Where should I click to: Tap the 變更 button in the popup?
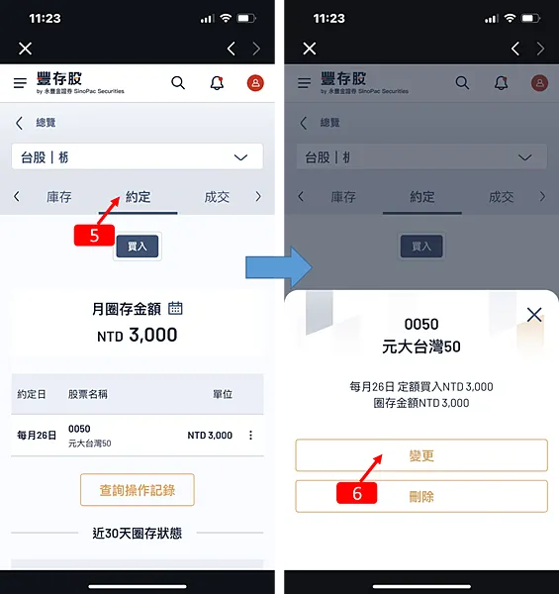[421, 455]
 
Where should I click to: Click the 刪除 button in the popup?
[421, 496]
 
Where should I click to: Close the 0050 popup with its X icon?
[534, 315]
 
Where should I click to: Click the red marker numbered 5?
[95, 236]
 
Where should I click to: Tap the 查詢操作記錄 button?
[137, 489]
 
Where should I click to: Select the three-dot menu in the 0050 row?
[250, 436]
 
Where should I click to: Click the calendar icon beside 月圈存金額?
[176, 308]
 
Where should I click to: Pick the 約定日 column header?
[33, 394]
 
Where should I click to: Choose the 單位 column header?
[223, 394]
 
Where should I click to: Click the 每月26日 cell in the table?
[36, 436]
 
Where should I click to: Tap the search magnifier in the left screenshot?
[178, 83]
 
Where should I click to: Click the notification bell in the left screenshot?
[217, 83]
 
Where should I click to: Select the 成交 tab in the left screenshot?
[217, 197]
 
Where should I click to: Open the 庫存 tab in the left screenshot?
[59, 197]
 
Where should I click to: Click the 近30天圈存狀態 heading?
[137, 534]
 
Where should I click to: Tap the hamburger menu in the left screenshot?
[20, 84]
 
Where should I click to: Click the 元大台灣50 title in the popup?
[421, 346]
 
